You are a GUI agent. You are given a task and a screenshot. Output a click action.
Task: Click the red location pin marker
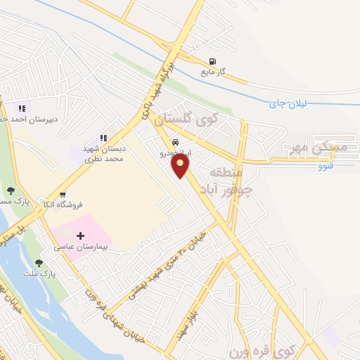point(181,166)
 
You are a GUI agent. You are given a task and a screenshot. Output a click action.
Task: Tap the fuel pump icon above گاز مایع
point(212,60)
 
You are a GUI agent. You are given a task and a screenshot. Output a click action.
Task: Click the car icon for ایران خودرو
point(175,140)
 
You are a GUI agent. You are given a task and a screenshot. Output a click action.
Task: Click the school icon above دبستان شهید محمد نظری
point(103,138)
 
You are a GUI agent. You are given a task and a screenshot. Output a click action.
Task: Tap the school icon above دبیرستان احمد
point(21,108)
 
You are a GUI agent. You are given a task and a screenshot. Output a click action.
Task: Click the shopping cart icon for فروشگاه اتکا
point(63,194)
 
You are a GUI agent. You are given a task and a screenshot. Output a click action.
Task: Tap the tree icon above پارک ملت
point(38,263)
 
